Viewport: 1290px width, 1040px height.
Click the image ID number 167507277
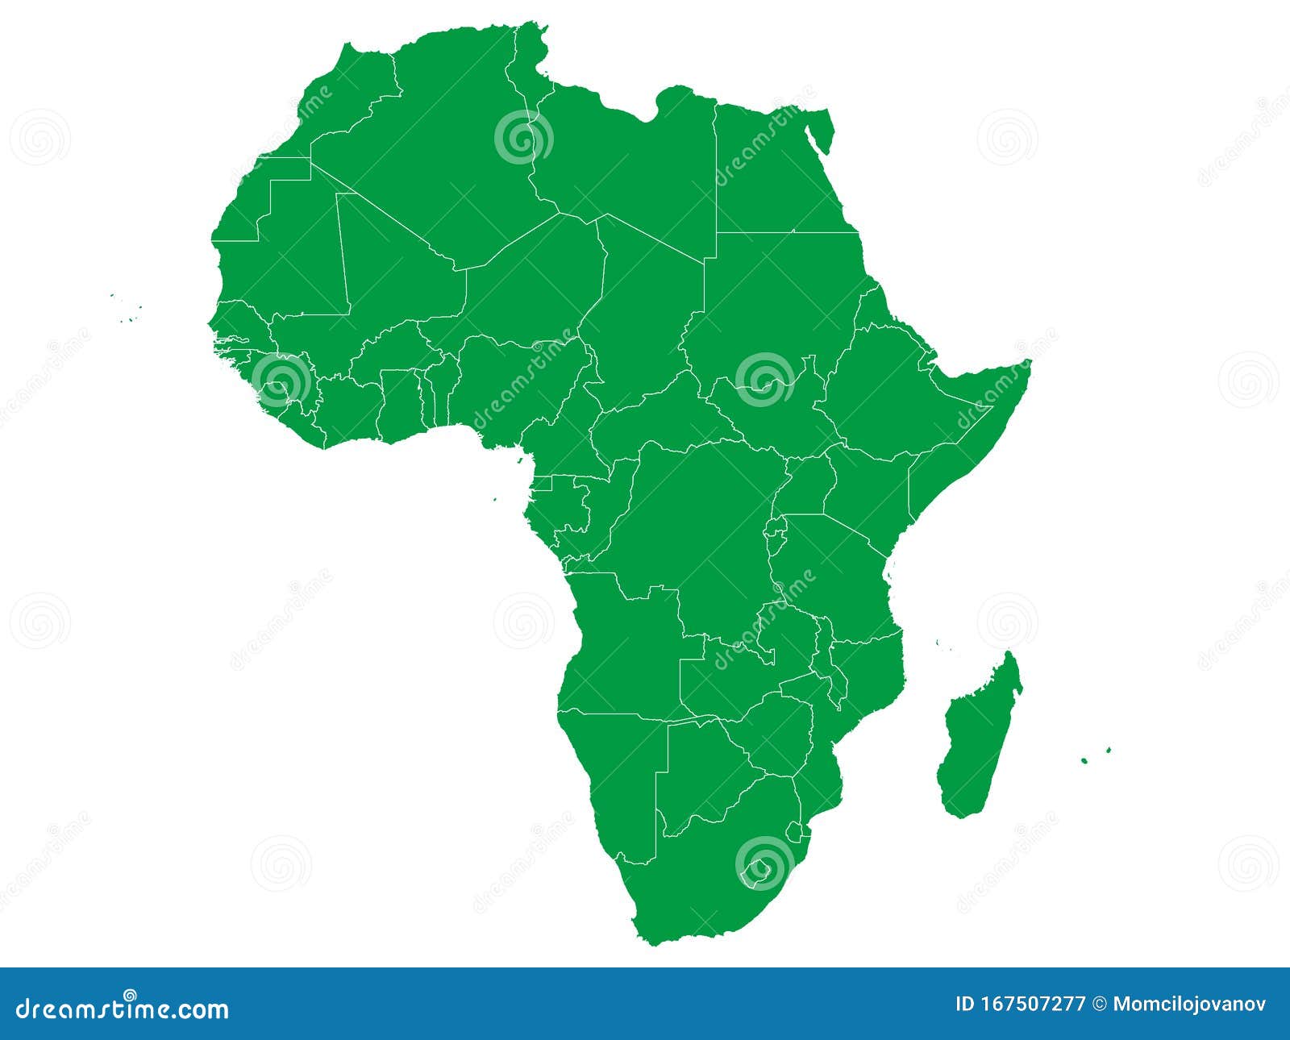pyautogui.click(x=1032, y=1004)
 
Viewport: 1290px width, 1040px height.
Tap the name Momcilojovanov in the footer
pyautogui.click(x=1189, y=1004)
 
